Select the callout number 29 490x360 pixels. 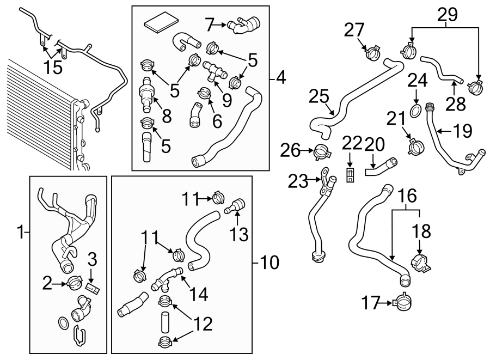[447, 14]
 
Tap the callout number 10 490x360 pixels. [269, 263]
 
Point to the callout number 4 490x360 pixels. [280, 77]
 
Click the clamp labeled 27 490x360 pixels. [372, 53]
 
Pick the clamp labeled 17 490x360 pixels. [402, 302]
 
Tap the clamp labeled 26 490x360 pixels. [322, 151]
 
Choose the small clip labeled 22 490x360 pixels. [350, 175]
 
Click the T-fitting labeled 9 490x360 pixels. [215, 71]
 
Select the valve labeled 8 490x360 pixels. [146, 94]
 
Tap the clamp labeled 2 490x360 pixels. [75, 283]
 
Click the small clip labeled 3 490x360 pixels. [93, 288]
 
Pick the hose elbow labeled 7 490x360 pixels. [244, 26]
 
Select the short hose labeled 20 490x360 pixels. [381, 168]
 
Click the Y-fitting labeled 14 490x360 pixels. [166, 279]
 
